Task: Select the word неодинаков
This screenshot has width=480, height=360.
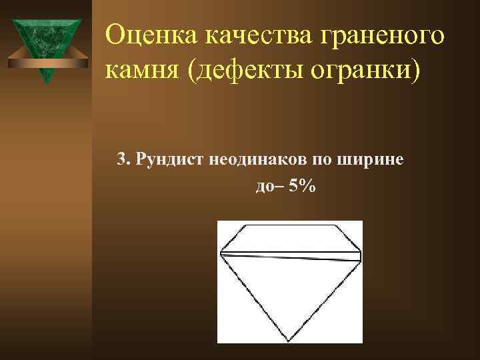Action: [x=247, y=160]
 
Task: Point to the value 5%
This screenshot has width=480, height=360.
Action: [x=303, y=187]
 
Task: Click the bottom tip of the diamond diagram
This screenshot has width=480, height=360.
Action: [x=288, y=341]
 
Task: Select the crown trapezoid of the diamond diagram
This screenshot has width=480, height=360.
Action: [x=290, y=239]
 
